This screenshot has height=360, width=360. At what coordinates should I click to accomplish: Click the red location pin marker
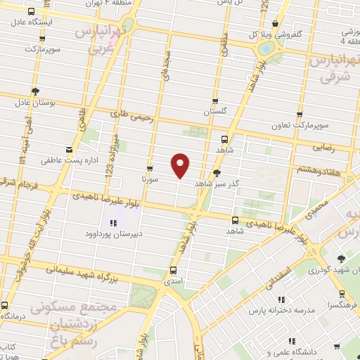(x=181, y=165)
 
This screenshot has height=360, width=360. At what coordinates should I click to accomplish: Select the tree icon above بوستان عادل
(x=35, y=91)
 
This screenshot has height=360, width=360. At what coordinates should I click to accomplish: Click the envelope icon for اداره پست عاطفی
(x=68, y=150)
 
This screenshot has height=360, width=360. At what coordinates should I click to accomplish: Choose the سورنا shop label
(x=148, y=180)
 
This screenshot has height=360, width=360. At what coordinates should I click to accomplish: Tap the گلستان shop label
(x=216, y=112)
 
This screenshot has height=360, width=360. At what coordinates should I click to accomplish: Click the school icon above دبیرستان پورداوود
(x=113, y=224)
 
